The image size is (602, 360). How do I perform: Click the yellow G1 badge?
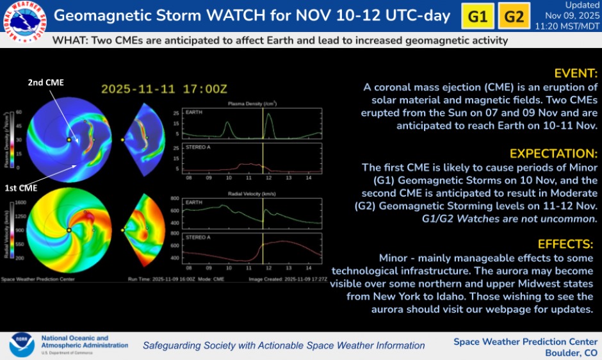point(478,16)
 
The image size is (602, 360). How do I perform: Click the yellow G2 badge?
point(514,16)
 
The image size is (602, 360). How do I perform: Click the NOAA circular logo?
point(22,345)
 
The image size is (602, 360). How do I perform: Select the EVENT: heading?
point(576,73)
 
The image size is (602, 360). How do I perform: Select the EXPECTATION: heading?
point(553,154)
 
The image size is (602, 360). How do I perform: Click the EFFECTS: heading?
point(565,244)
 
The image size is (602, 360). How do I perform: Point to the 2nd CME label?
point(45,82)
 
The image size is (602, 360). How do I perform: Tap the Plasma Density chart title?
point(252,102)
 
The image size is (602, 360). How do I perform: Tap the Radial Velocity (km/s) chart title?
point(252,192)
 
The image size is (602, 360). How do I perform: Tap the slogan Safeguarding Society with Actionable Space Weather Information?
point(283,345)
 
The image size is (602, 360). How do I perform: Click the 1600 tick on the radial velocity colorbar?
point(19,202)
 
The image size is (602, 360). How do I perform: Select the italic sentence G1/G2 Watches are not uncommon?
point(509,218)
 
